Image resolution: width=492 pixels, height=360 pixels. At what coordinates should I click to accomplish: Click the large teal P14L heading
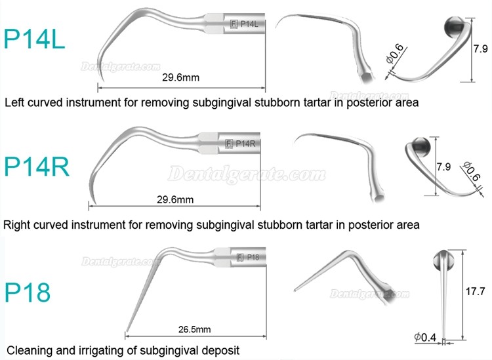click(34, 39)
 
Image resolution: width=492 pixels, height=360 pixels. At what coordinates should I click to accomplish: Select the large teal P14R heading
click(36, 167)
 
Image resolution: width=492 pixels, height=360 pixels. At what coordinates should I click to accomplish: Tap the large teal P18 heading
click(28, 292)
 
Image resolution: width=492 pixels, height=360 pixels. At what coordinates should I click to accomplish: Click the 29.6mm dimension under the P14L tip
click(181, 77)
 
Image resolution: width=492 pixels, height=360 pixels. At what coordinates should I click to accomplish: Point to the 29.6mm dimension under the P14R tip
click(175, 199)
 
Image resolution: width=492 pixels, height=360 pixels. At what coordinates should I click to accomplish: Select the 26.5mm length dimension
click(195, 329)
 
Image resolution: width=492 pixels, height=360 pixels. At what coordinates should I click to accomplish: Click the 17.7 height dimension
click(476, 291)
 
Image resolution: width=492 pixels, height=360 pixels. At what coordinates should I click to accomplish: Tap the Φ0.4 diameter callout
click(425, 337)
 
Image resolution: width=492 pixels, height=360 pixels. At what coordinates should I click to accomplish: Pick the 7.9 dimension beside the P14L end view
click(480, 49)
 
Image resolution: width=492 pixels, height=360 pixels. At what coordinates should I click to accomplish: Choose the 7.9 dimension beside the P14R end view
click(443, 167)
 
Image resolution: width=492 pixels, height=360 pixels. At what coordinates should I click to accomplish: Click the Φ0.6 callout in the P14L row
click(395, 54)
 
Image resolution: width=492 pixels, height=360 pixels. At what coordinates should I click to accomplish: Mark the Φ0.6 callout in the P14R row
click(471, 172)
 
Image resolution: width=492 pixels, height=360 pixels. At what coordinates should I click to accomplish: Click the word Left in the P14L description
click(14, 102)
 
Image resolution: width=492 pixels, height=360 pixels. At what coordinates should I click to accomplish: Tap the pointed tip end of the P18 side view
click(126, 331)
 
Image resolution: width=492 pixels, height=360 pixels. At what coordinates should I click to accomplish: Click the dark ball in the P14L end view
click(454, 28)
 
